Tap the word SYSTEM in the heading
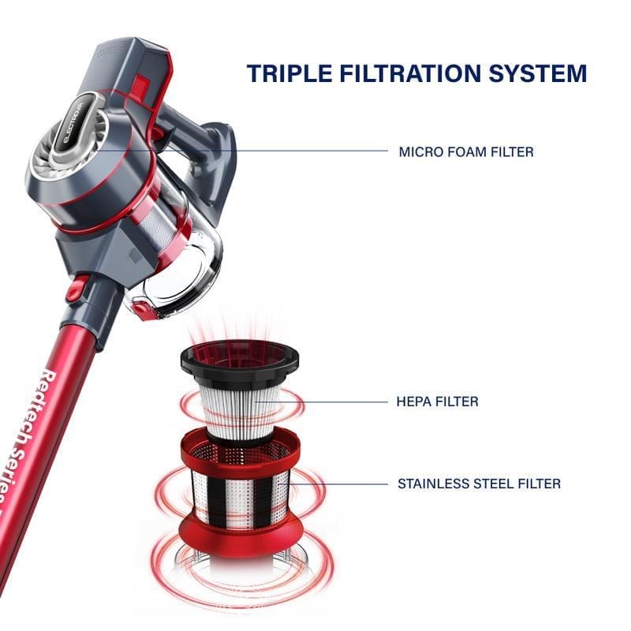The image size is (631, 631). coord(538,73)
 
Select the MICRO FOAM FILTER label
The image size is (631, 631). coord(466,152)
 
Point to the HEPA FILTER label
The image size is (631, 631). coord(438,401)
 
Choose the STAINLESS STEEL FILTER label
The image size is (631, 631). coord(479,484)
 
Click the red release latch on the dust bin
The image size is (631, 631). coord(142,309)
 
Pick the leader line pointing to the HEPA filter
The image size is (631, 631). coord(321,401)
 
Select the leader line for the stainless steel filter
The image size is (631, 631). coord(338,484)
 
